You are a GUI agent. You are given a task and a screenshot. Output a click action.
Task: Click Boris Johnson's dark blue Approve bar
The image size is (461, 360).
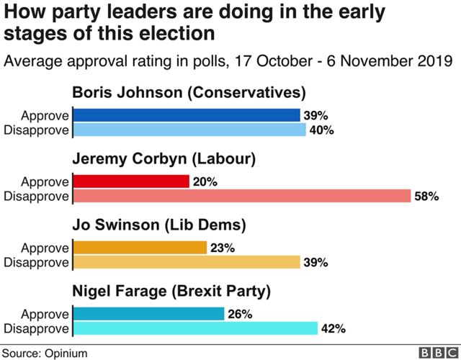[186, 115]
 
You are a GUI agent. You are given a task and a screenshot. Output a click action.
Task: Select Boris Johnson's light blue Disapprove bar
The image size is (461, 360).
[189, 130]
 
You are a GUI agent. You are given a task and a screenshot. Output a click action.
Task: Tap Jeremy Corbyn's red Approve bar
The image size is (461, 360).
[130, 181]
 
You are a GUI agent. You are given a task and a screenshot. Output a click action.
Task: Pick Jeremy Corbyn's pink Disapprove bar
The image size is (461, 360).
[241, 196]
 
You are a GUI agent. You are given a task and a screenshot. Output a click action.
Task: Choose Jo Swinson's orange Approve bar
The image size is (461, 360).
[139, 248]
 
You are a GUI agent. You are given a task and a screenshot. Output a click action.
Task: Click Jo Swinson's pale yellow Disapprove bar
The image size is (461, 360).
[186, 262]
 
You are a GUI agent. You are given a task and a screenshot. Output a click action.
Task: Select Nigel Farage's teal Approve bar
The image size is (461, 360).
[148, 315]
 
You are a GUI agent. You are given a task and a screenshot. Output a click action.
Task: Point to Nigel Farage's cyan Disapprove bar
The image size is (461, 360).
[194, 328]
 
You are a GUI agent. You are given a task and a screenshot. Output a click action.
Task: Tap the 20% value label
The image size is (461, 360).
[205, 182]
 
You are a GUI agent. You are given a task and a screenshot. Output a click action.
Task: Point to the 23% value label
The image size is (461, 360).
[222, 248]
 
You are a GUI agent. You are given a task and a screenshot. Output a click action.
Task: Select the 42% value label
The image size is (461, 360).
[333, 329]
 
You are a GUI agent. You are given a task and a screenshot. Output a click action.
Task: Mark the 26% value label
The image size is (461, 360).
[240, 315]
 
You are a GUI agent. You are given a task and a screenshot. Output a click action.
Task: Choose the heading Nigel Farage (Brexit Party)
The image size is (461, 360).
[171, 292]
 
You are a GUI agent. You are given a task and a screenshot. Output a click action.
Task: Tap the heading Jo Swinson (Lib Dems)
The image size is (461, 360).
[159, 226]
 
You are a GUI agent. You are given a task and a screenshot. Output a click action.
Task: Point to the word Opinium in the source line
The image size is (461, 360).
[66, 352]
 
